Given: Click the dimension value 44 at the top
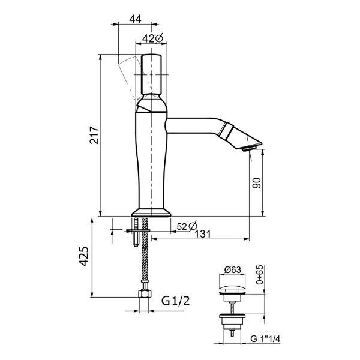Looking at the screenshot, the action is pos(135,19).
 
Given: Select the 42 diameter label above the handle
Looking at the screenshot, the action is pos(152,38).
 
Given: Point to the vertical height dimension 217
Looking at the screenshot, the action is pos(94,135).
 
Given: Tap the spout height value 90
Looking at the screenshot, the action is pos(257,183).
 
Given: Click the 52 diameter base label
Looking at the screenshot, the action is pos(187,226).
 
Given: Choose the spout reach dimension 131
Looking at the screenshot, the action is pos(203,234).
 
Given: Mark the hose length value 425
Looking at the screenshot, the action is pos(84,256).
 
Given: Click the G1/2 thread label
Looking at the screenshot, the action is pos(176,301).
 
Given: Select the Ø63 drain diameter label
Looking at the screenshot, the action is pos(233,270).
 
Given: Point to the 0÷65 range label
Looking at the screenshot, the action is pos(260,275).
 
